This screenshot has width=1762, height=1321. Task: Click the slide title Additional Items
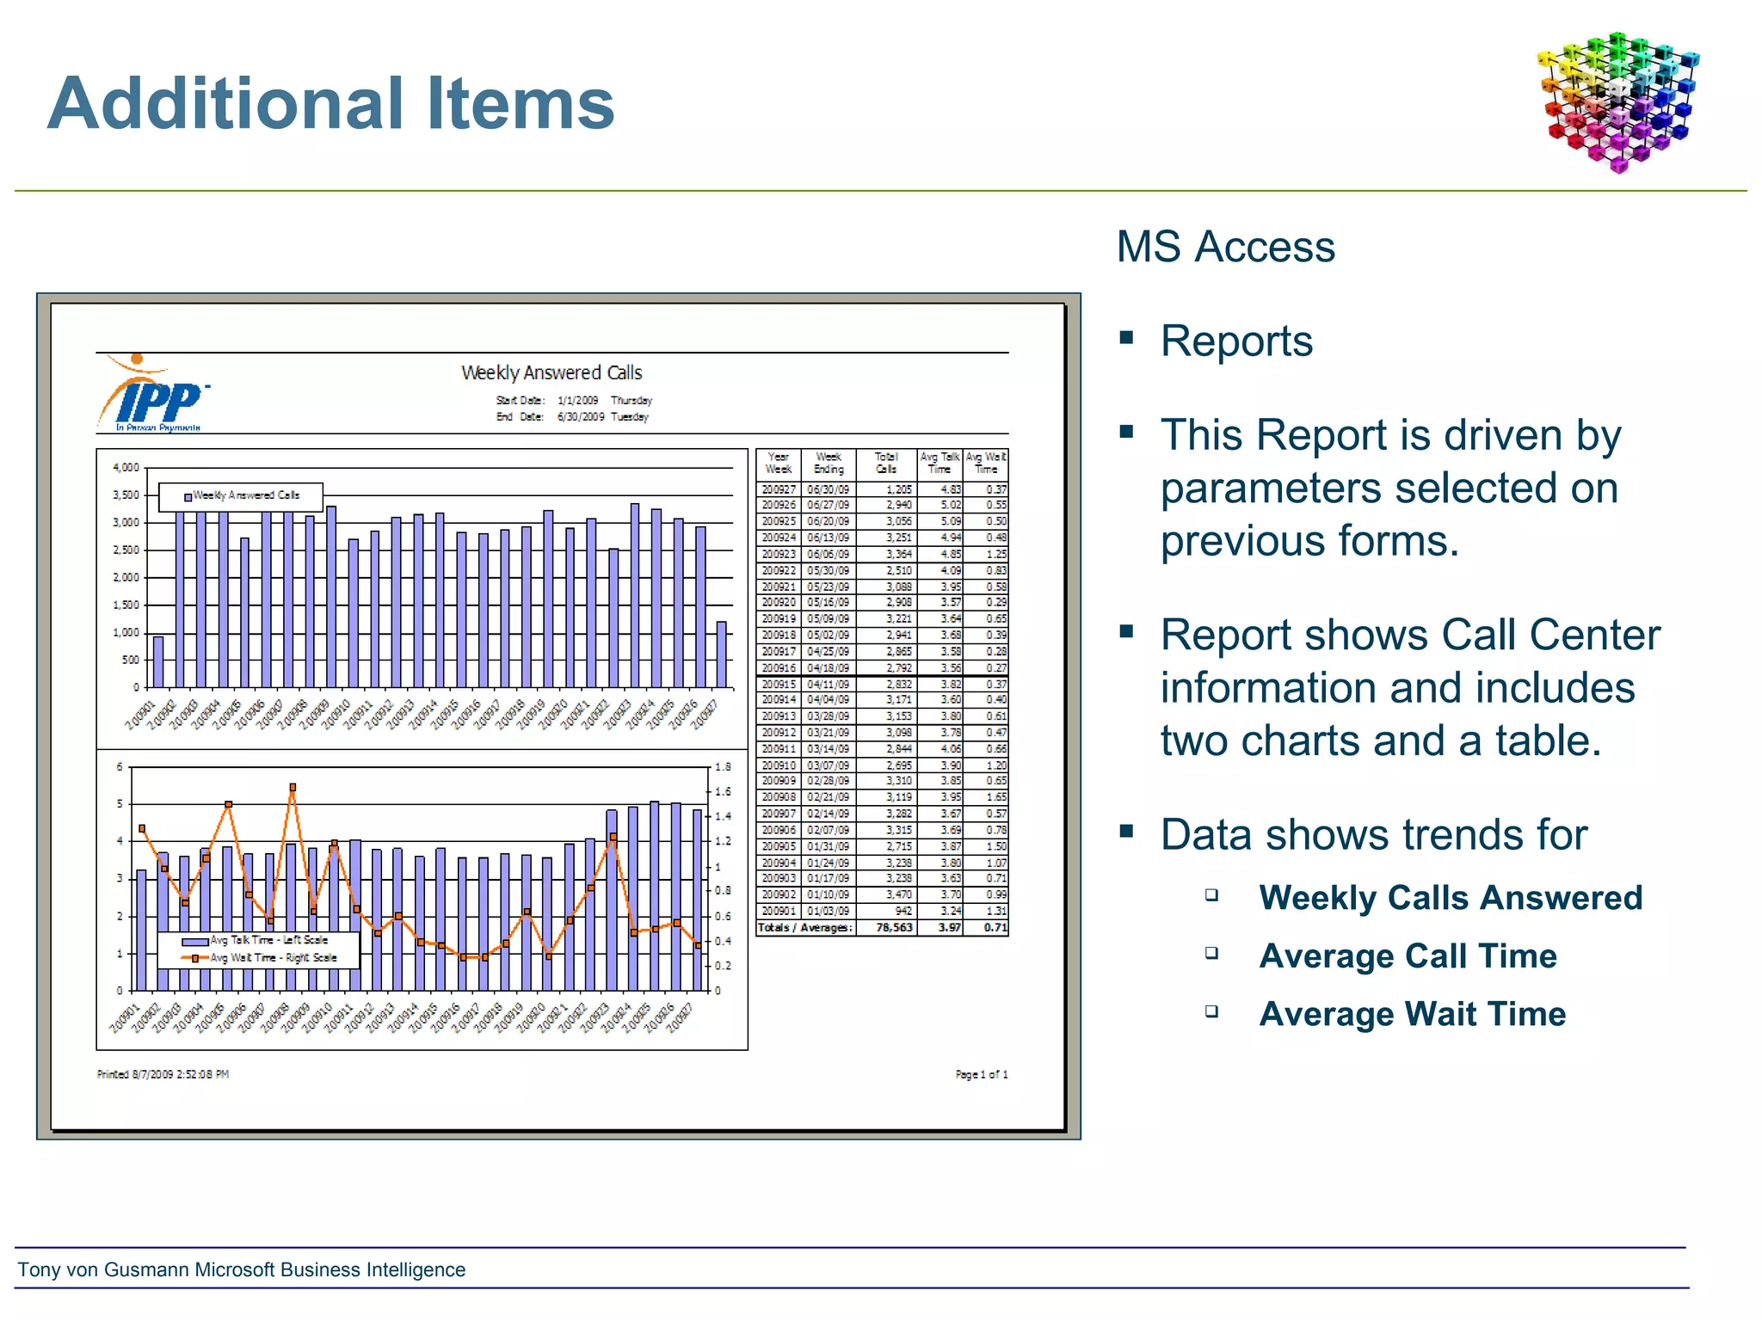pos(330,103)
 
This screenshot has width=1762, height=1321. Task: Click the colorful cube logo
pos(1618,101)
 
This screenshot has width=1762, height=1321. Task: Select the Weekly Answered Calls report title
pos(551,372)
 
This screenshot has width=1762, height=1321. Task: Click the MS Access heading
pos(1225,247)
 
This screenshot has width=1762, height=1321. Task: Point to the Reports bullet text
pos(1235,341)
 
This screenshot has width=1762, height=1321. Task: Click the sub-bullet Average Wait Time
pos(1412,1014)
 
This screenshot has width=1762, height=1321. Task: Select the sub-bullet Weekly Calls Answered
pos(1451,898)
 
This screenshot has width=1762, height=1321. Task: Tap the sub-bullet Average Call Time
pos(1408,956)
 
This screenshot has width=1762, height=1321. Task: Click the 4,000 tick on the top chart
pos(126,468)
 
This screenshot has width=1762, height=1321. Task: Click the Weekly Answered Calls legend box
pos(242,496)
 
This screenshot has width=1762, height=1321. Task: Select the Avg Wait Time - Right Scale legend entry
pos(263,958)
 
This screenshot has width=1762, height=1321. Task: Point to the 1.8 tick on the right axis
pos(723,767)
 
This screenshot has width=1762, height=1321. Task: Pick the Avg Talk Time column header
pos(939,464)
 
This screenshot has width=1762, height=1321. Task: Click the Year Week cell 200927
pos(779,489)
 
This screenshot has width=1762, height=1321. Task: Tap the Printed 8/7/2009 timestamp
pos(163,1074)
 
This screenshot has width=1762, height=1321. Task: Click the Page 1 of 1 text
pos(981,1074)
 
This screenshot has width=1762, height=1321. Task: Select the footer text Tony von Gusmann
pos(242,1269)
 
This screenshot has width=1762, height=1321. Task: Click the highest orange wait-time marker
pos(293,787)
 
